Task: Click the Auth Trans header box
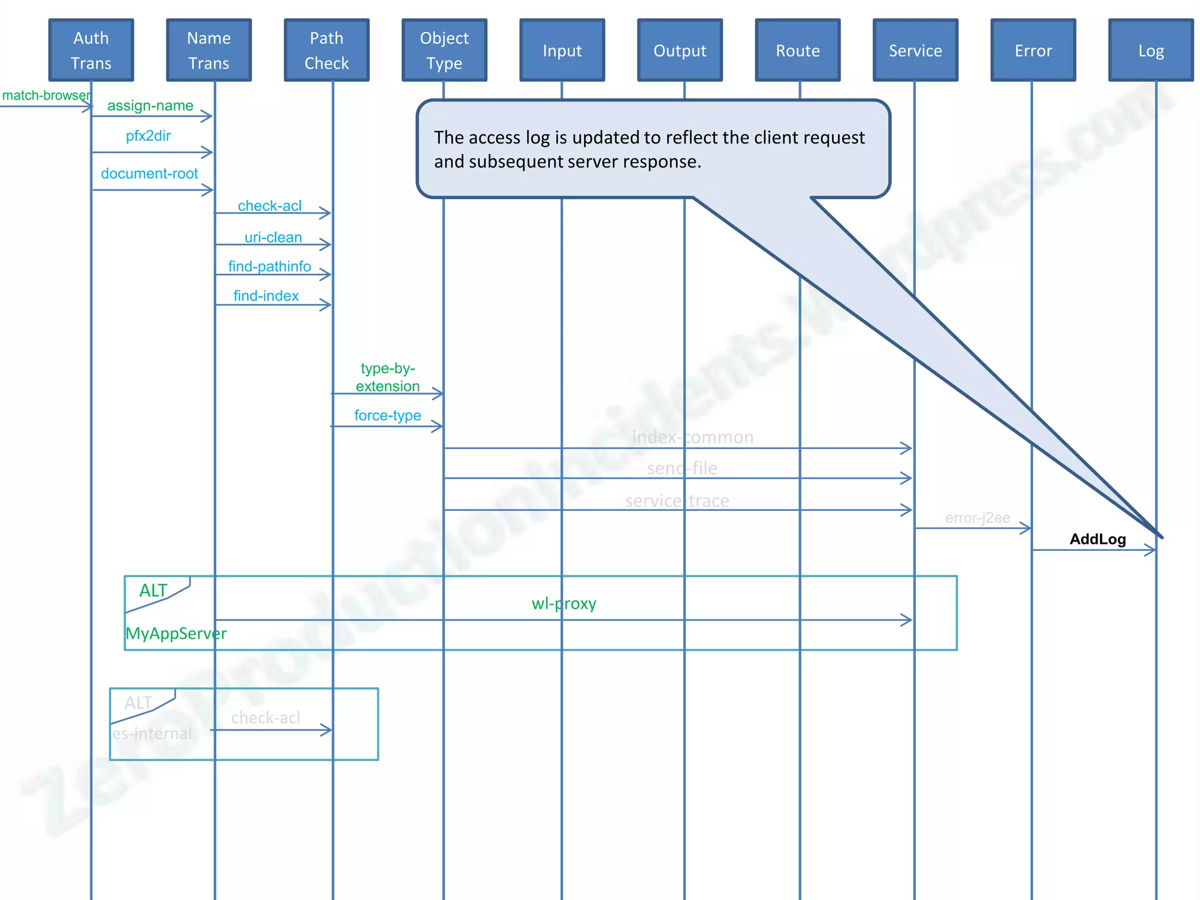point(91,50)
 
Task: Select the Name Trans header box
point(209,50)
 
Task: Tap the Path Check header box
point(326,50)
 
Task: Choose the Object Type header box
point(444,50)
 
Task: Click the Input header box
point(562,50)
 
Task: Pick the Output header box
point(680,50)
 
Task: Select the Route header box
point(797,50)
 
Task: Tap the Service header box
point(915,50)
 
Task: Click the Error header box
point(1033,50)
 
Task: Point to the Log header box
point(1151,50)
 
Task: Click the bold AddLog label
point(1097,539)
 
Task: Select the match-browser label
point(46,96)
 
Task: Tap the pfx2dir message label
point(148,136)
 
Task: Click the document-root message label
point(149,173)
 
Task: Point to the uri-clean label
point(273,237)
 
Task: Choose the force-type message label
point(387,415)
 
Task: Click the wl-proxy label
point(564,604)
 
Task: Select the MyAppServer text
point(176,633)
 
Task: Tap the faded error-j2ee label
point(977,518)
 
